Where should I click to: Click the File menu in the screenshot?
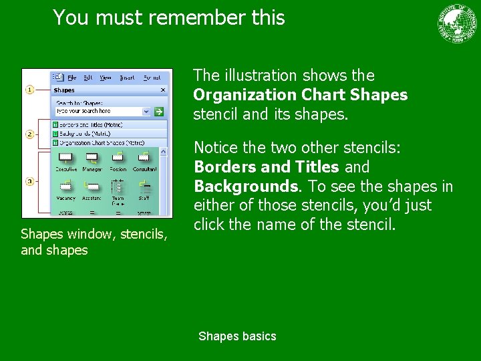coord(71,78)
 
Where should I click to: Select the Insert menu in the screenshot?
coord(127,78)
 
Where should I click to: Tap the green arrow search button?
coord(159,111)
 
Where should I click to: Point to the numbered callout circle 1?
coord(30,90)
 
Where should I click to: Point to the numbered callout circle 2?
coord(30,134)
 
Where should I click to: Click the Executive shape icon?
coord(66,158)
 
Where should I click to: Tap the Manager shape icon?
coord(92,158)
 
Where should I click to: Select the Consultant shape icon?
coord(144,158)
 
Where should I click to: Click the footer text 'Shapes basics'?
coord(237,336)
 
